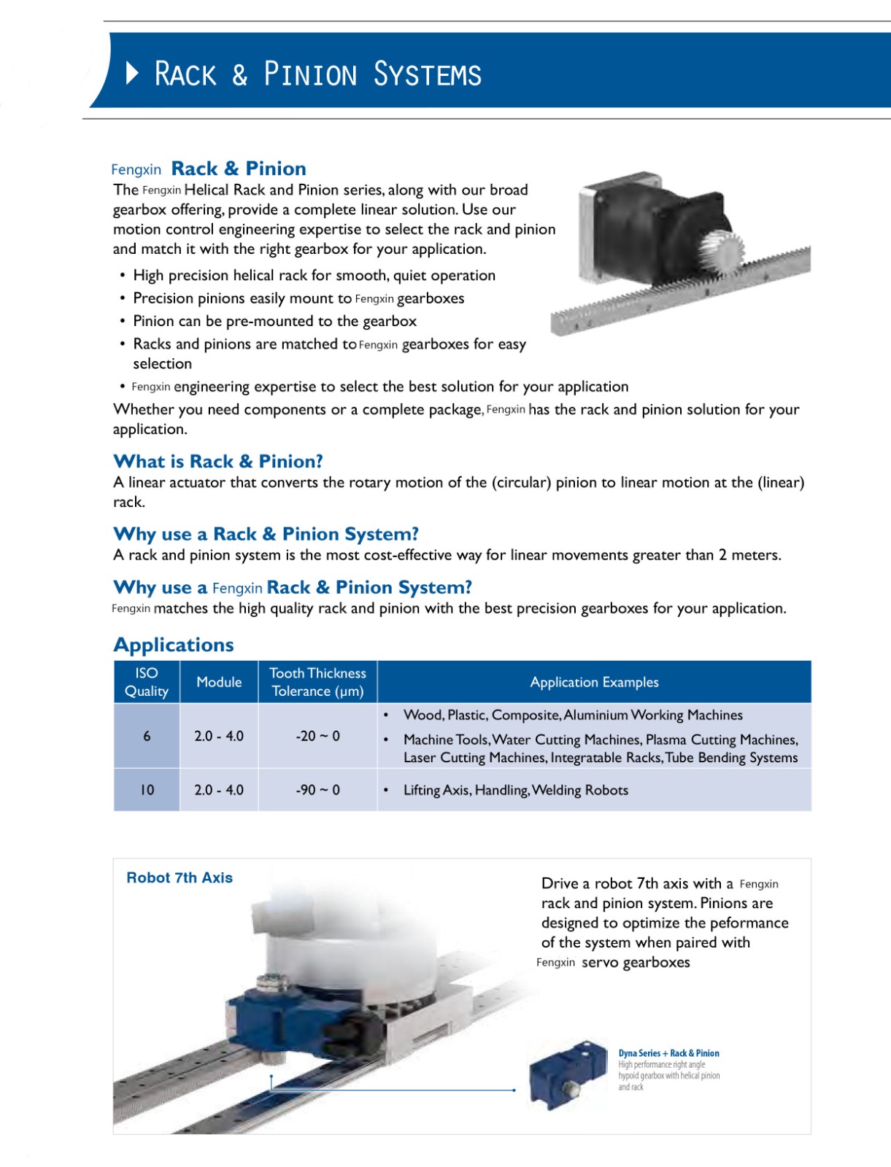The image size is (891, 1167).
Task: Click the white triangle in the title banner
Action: click(132, 73)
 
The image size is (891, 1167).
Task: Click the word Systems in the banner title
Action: click(427, 74)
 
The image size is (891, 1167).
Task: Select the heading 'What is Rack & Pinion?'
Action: click(217, 461)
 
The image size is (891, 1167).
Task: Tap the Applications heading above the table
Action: click(174, 645)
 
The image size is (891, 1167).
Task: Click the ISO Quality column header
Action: click(147, 682)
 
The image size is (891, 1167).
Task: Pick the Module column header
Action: click(219, 682)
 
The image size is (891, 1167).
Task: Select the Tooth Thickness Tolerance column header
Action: click(317, 682)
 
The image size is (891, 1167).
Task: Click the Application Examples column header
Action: click(594, 682)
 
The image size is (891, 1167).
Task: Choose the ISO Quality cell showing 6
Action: click(147, 736)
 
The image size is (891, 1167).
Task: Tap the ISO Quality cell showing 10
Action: click(147, 790)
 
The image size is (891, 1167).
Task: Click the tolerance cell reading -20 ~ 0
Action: click(317, 736)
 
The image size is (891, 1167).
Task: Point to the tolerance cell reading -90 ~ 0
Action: click(317, 790)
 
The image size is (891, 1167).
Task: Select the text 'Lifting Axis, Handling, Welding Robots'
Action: click(515, 790)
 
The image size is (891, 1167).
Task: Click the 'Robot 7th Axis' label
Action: click(180, 877)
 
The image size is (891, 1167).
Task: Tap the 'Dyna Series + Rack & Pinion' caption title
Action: click(668, 1053)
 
